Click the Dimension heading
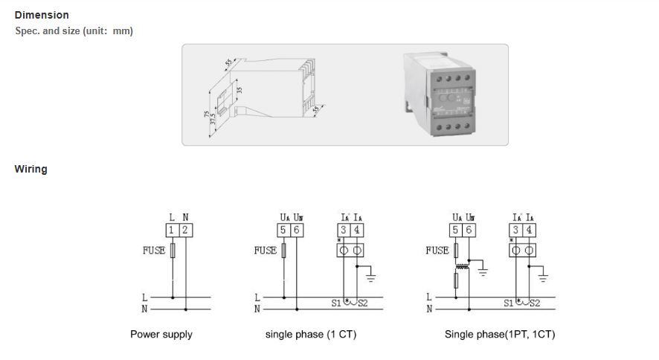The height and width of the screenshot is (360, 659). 42,15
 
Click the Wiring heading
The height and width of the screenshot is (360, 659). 30,169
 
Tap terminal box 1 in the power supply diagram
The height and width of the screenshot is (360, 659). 172,231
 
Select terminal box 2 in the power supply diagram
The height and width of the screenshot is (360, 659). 184,231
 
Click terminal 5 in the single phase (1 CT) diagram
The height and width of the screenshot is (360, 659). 283,231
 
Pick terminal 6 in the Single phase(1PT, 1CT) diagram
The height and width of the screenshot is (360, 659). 469,231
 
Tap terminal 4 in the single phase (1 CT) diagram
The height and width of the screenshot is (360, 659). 358,231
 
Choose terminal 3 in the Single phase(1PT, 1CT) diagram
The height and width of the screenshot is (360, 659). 516,231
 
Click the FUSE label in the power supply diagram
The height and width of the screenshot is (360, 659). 154,251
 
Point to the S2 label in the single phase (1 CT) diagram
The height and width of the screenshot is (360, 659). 363,303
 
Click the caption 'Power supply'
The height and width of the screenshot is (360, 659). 161,335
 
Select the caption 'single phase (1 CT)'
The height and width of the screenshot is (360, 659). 311,335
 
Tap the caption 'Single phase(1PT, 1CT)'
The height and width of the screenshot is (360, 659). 500,335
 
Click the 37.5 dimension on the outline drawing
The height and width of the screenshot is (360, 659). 213,117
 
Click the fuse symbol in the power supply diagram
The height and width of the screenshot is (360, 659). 173,251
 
